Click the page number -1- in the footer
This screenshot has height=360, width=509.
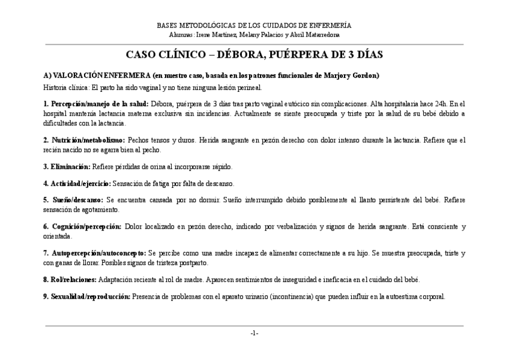pos(254,332)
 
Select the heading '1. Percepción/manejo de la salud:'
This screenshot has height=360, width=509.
pos(96,104)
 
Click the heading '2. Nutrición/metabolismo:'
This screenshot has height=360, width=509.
pos(84,140)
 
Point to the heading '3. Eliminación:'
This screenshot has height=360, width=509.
pos(67,166)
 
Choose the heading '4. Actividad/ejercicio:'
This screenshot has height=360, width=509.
pos(77,183)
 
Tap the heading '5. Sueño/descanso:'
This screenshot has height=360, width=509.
pos(73,200)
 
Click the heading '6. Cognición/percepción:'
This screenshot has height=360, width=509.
pos(82,226)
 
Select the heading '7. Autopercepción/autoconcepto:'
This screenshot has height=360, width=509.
pos(94,253)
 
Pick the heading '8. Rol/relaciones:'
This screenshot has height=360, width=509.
pos(70,280)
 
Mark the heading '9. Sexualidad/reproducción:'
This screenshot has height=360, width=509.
pos(86,296)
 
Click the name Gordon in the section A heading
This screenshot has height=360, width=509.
pos(366,76)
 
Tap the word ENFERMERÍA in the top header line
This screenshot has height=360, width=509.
pos(330,25)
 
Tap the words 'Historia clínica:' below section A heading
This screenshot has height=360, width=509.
pos(65,87)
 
